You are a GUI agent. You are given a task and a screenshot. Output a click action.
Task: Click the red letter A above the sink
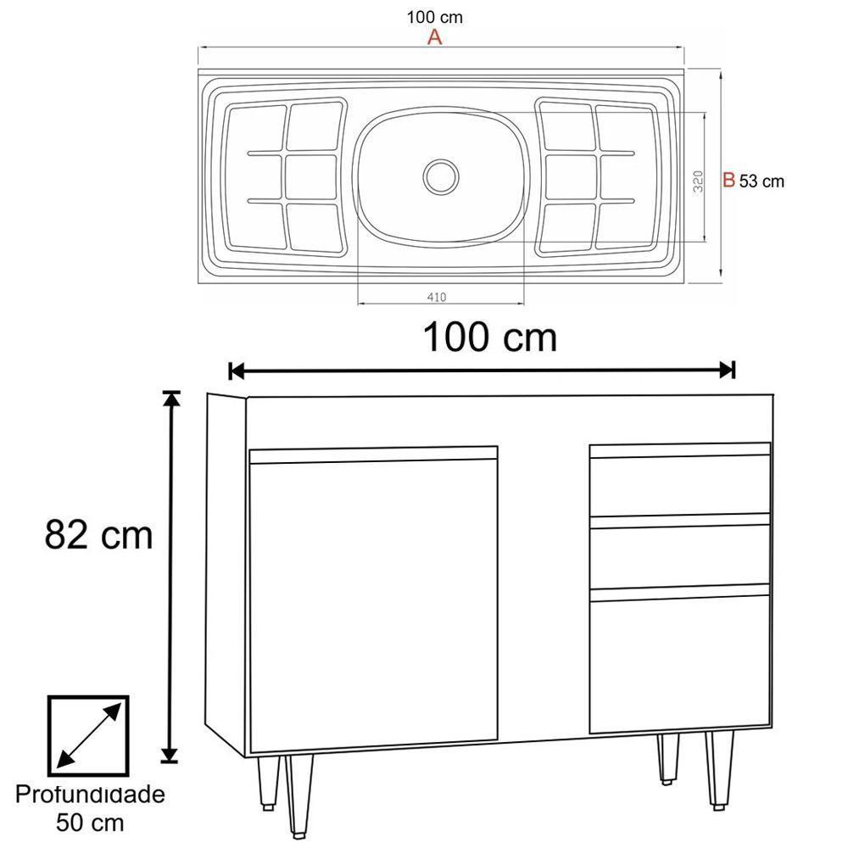pos(435,37)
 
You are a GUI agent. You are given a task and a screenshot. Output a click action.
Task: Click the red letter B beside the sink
pos(728,180)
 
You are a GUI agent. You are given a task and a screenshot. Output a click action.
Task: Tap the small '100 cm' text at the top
pos(435,17)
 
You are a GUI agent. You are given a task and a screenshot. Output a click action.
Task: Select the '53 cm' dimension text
pos(762,181)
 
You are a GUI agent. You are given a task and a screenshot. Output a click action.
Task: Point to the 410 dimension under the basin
pos(436,297)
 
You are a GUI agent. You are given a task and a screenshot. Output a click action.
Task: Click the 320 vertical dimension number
pos(698,181)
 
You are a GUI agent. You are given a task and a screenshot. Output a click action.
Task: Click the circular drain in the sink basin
pos(441,176)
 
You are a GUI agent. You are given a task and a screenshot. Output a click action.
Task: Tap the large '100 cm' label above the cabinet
pos(489,338)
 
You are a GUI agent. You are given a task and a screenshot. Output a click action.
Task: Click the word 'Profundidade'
pos(90,795)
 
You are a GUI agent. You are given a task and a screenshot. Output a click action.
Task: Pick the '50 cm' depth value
pos(90,822)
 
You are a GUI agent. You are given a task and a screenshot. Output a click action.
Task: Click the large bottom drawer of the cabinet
pos(680,664)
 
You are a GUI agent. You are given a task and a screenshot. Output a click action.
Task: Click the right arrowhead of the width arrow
pos(726,371)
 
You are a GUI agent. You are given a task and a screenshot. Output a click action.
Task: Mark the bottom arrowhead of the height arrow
pos(171,754)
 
